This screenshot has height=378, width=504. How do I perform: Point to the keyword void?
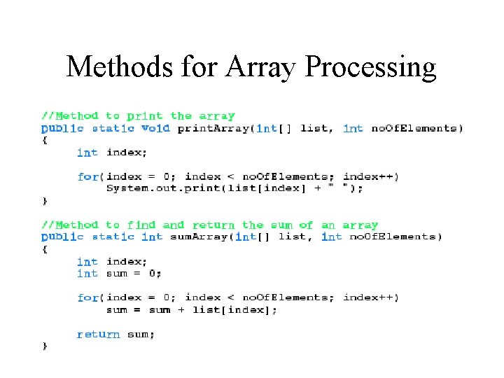coord(155,128)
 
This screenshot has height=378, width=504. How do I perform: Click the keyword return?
coord(98,334)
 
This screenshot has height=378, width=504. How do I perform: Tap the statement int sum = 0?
coord(119,273)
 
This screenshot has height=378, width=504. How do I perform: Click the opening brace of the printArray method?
coord(45,140)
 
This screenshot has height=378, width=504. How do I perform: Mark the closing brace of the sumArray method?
coord(45,346)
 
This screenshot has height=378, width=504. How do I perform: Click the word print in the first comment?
coord(144,116)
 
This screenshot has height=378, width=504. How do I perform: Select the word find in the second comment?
coord(141,225)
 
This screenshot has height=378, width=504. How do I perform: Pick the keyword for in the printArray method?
coord(88,176)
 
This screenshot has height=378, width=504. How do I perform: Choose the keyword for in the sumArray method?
coord(88,297)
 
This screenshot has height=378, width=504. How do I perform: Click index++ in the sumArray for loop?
coord(371,297)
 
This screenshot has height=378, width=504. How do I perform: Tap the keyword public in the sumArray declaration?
coord(62,237)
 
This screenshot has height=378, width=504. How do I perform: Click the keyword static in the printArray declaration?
coord(113,128)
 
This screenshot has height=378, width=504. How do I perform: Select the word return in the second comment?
coord(213,225)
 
